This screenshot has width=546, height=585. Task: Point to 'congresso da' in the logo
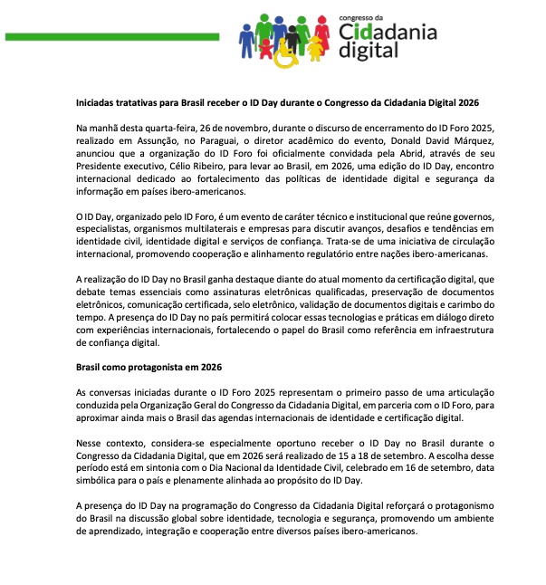click(x=361, y=16)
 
